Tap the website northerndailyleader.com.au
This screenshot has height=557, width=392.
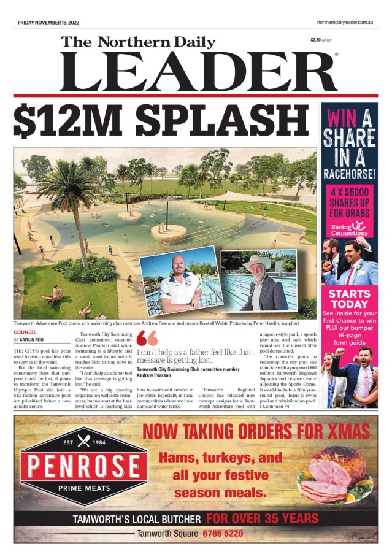(345, 22)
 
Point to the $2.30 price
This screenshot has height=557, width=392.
(316, 40)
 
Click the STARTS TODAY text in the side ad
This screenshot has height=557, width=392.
(349, 298)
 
